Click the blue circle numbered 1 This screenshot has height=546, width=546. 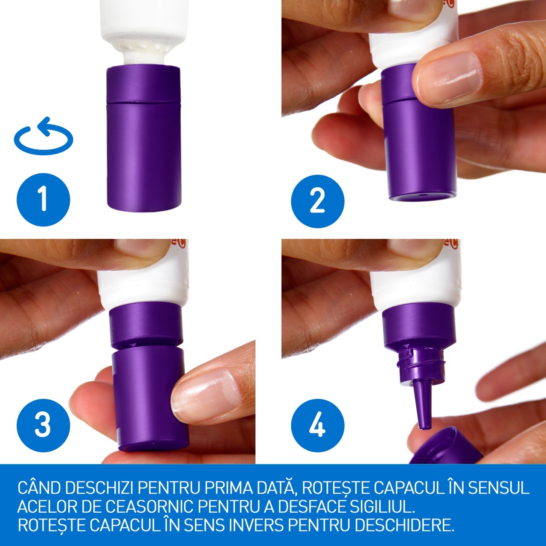tap(44, 200)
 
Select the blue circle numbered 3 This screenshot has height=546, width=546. tap(44, 425)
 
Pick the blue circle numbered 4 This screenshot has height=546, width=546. tap(318, 425)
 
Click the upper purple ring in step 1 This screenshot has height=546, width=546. tap(143, 83)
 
